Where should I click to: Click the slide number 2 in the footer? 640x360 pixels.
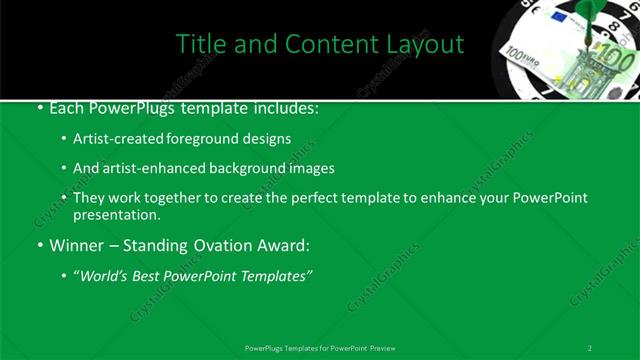click(590, 348)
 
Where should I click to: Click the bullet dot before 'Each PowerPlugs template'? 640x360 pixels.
click(39, 108)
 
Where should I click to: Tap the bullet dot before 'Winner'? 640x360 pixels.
click(39, 245)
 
